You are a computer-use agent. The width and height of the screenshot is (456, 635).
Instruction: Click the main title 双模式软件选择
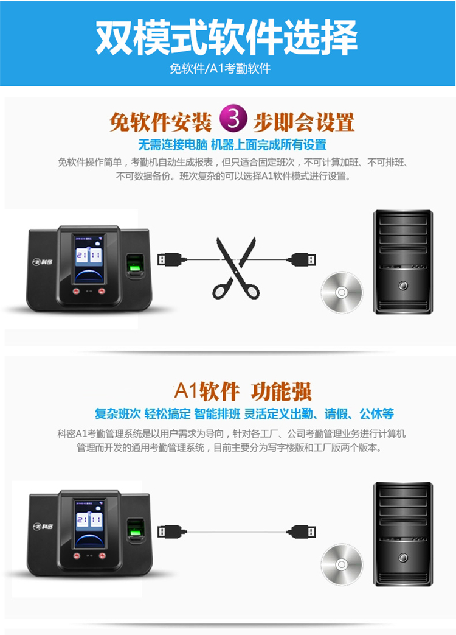click(226, 37)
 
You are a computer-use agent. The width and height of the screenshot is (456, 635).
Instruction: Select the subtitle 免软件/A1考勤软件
click(220, 68)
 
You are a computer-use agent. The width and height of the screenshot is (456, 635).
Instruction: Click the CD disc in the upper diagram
click(342, 292)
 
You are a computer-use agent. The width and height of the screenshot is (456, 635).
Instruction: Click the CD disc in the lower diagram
click(342, 564)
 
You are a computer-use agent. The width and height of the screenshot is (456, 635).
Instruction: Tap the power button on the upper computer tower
click(403, 286)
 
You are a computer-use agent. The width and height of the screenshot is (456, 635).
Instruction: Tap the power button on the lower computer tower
click(403, 558)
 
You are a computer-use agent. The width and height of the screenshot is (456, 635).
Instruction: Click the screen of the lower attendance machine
click(89, 524)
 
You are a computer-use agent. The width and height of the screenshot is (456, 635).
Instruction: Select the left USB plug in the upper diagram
click(171, 259)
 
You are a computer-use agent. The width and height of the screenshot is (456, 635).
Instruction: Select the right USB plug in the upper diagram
click(301, 259)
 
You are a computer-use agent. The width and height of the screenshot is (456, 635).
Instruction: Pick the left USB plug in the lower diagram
click(171, 532)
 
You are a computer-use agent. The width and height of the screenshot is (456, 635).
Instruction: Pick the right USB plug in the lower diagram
click(301, 532)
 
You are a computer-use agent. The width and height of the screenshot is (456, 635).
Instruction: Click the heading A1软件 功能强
click(243, 391)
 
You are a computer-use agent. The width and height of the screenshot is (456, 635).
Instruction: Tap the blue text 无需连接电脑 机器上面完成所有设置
click(232, 144)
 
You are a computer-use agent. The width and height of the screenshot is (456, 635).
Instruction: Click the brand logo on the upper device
click(42, 262)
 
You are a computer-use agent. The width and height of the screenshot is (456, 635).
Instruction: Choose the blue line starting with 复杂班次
click(244, 414)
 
